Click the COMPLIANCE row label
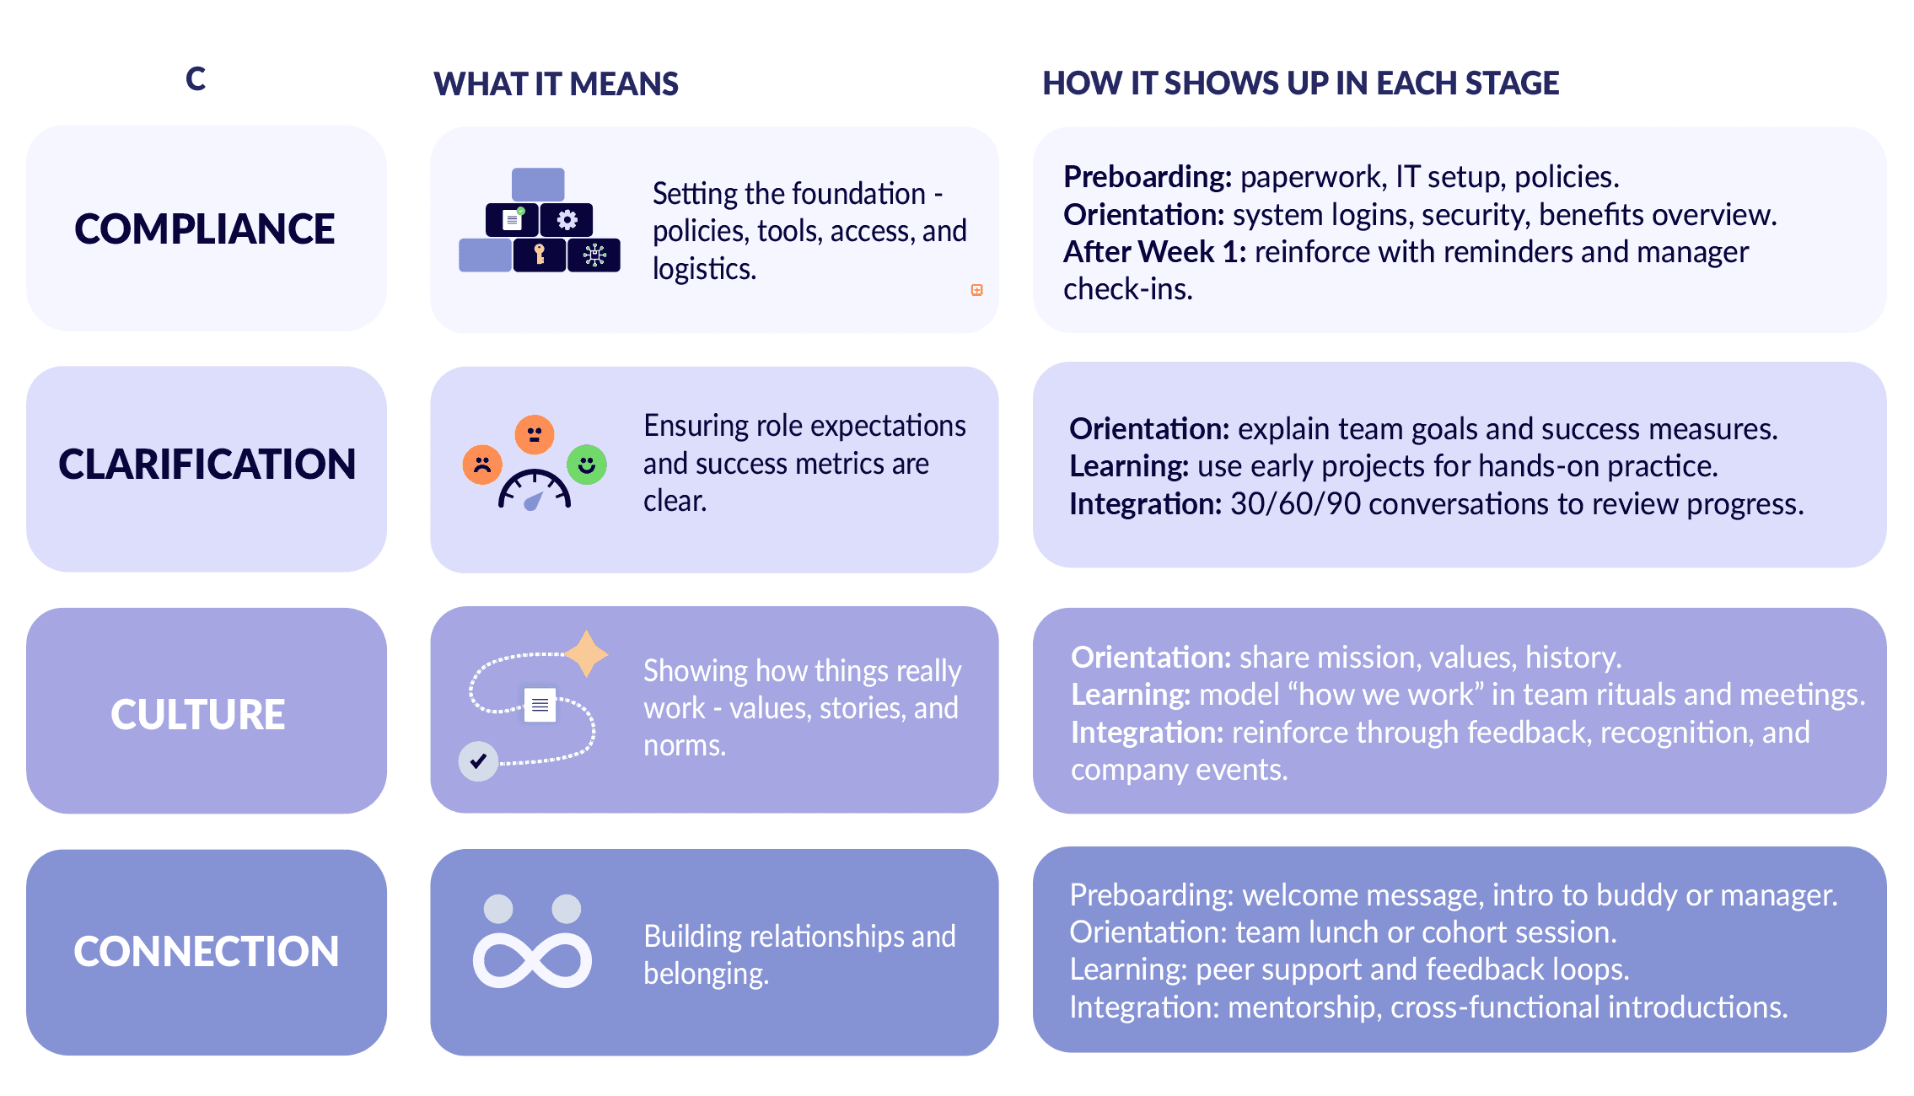pos(205,229)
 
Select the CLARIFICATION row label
pos(207,465)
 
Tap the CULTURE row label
pos(198,715)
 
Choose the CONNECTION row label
pos(206,952)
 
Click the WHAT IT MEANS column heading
pos(556,84)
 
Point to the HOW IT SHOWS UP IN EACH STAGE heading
pos(1300,83)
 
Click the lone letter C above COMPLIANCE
pos(196,79)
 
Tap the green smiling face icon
pos(587,465)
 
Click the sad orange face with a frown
pos(482,465)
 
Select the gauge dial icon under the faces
pos(535,492)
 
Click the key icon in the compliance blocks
pos(540,254)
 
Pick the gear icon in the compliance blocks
pos(567,220)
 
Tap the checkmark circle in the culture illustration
pos(478,761)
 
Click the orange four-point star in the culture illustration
pos(586,653)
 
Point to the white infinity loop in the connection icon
pos(532,960)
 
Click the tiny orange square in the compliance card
pos(976,290)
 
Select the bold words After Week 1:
pos(1154,252)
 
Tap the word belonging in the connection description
pos(705,975)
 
